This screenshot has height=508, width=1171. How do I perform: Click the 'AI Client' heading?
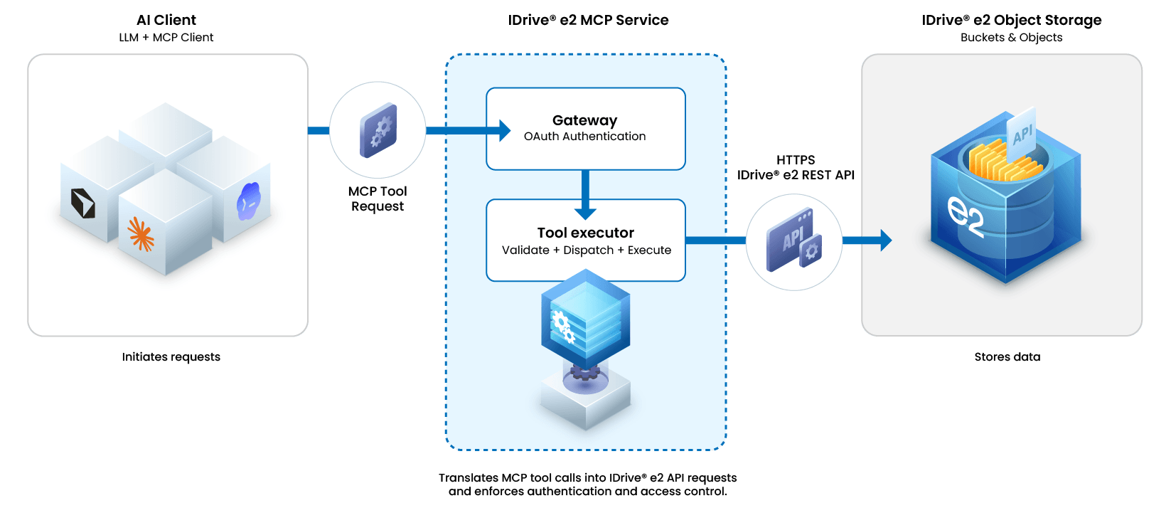(x=166, y=20)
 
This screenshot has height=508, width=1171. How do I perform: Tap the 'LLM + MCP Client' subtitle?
(x=166, y=38)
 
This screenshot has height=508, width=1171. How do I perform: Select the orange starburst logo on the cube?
(x=141, y=234)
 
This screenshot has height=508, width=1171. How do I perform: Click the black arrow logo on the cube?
(x=82, y=203)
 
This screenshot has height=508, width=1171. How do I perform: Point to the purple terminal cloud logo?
(x=248, y=201)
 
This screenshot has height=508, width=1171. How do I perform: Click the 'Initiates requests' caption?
(x=171, y=356)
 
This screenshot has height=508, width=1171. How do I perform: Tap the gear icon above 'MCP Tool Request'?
(x=378, y=130)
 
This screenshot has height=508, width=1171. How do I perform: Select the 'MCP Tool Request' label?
(x=378, y=199)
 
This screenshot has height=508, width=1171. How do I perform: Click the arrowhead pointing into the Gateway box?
(x=505, y=130)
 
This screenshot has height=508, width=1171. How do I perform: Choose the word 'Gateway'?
(x=585, y=120)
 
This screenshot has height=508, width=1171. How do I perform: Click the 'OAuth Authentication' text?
(x=585, y=137)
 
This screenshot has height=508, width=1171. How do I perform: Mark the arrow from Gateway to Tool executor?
(x=586, y=195)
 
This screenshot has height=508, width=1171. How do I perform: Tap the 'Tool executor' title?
(x=586, y=233)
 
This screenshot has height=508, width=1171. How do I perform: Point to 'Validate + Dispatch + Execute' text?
(x=586, y=250)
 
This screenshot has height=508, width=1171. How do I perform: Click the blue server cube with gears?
(x=586, y=320)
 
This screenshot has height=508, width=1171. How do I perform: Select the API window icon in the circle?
(x=794, y=240)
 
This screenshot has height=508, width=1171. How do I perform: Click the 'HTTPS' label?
(x=795, y=160)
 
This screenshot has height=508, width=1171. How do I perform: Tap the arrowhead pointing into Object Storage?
(x=886, y=240)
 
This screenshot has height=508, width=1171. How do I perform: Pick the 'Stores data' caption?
(x=1007, y=356)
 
